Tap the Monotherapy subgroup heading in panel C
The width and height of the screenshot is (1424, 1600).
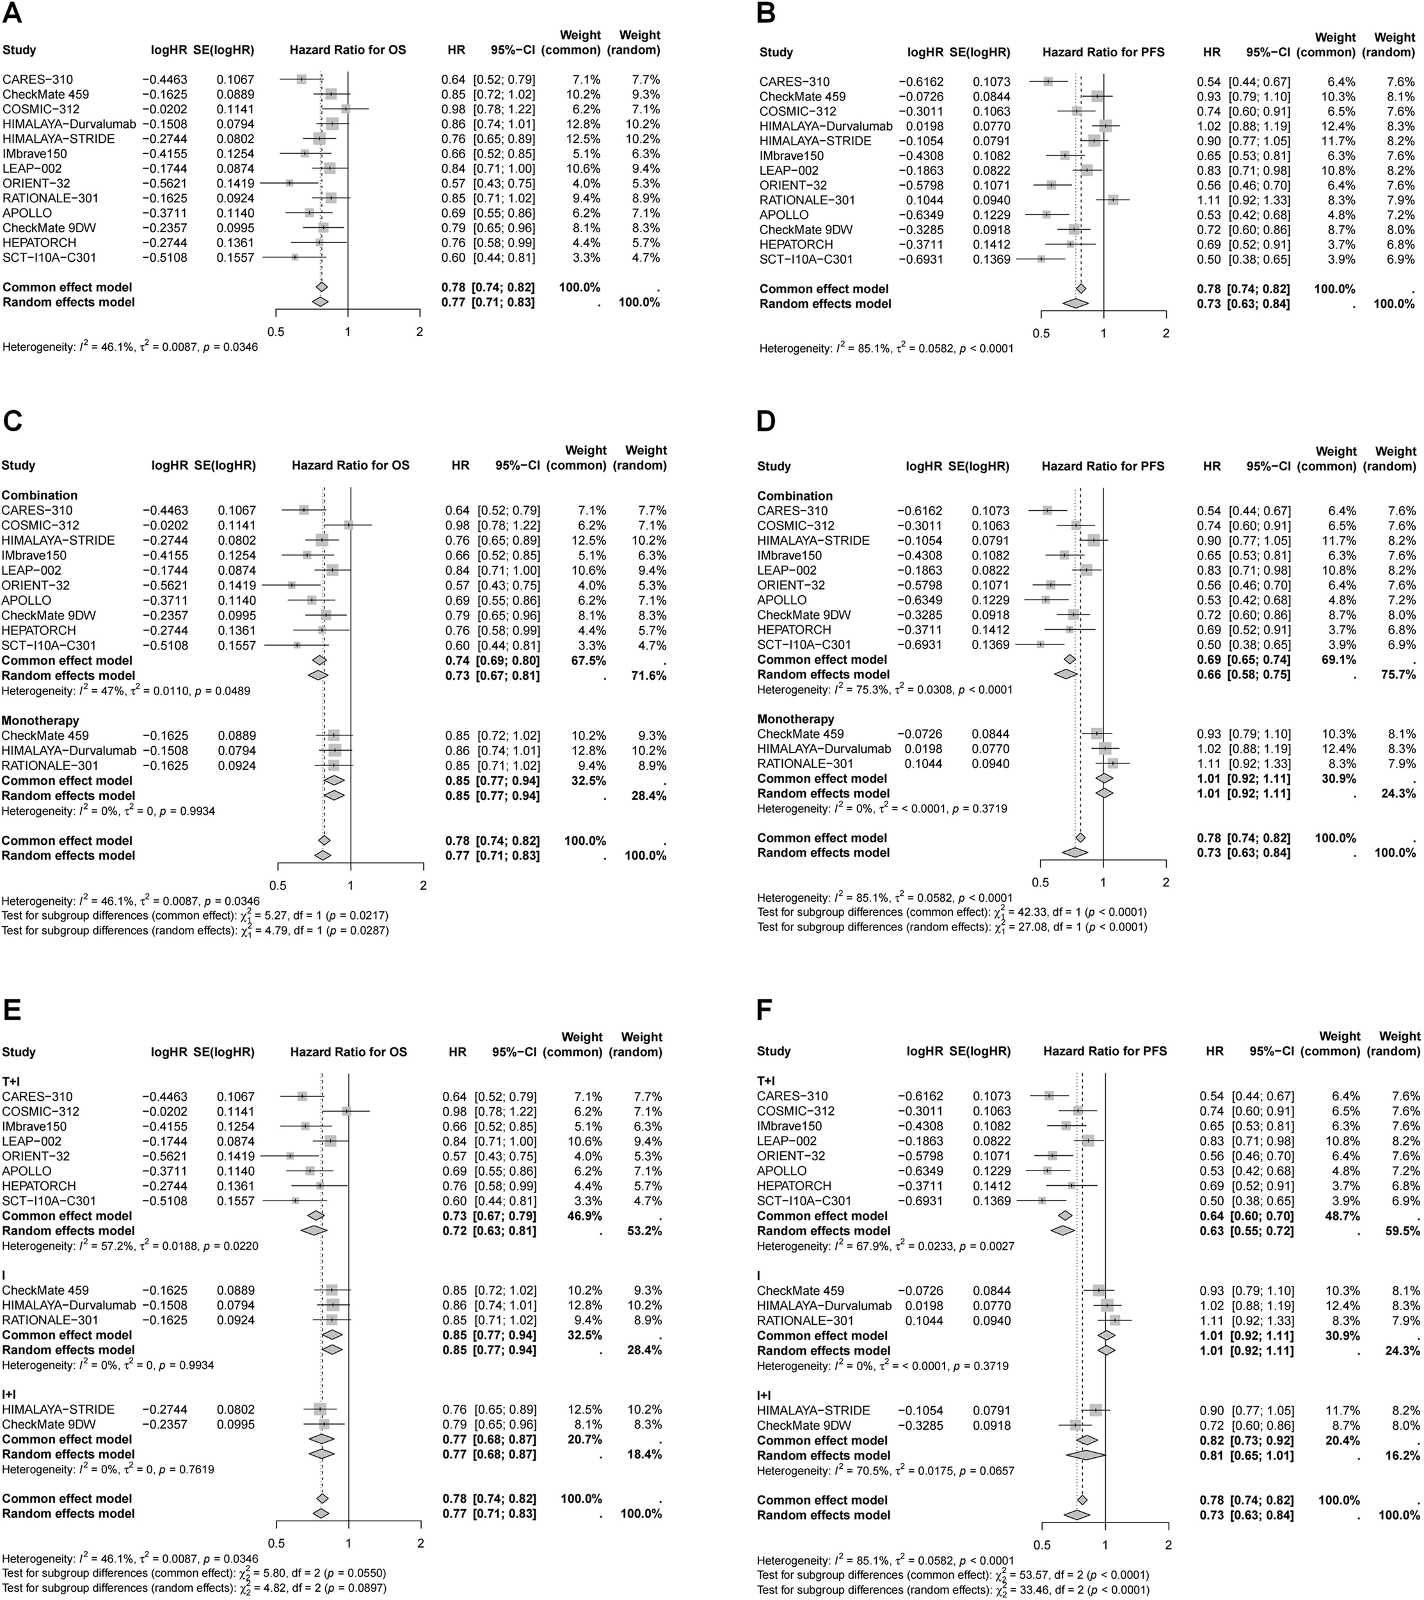41,720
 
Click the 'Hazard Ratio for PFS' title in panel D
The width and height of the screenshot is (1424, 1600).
1102,466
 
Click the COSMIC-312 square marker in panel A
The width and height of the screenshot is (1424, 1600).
345,109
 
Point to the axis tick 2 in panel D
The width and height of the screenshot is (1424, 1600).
1165,882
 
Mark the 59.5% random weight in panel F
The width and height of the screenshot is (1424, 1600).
1400,1231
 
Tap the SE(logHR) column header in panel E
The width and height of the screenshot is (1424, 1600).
223,1052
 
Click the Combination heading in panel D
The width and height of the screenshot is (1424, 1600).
795,495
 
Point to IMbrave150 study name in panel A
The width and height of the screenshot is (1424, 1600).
35,154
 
